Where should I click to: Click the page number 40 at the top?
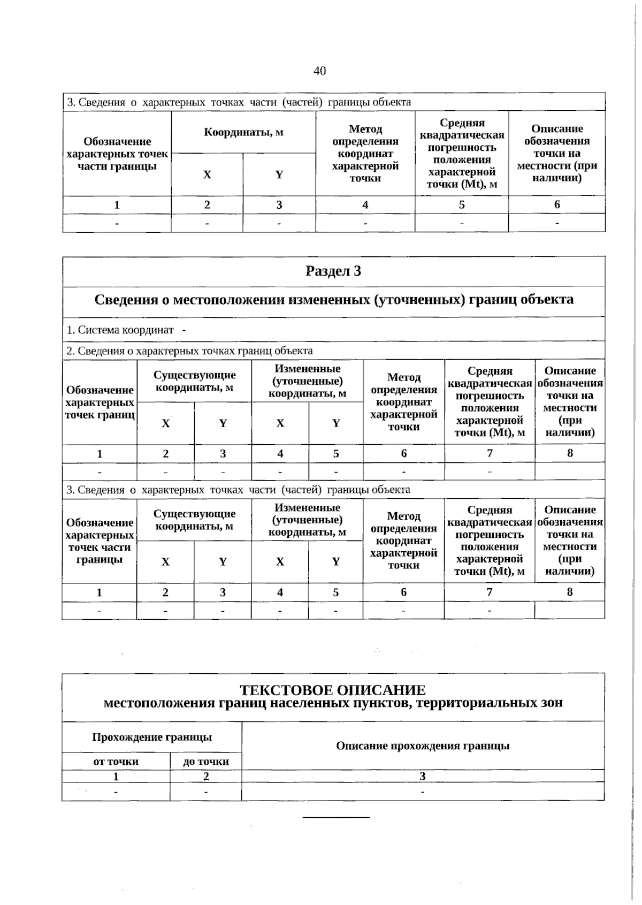319,71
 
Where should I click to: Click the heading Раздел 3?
333,271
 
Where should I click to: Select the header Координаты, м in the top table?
243,132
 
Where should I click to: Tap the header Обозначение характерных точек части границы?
117,154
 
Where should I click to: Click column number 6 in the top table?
557,204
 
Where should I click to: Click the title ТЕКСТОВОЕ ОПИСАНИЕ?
333,690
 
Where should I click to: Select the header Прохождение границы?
152,737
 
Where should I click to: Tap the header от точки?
116,761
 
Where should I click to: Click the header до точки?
206,761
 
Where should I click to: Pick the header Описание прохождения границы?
423,746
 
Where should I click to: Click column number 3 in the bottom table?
423,776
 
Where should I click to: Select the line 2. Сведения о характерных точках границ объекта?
189,351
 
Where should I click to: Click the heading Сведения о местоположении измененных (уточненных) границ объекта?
334,300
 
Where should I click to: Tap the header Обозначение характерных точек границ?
100,402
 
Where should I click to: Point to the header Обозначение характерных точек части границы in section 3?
100,541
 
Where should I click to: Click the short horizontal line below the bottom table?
336,817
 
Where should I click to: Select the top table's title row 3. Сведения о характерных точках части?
239,102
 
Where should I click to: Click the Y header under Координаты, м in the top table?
279,174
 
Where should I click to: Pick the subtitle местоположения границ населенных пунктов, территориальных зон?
333,703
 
